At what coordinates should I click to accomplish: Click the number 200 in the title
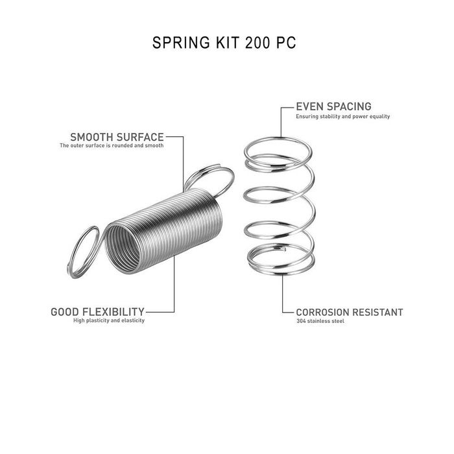(257, 43)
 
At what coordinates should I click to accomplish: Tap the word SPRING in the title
(181, 43)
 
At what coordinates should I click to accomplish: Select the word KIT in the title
(227, 43)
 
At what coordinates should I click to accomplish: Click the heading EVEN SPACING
(333, 106)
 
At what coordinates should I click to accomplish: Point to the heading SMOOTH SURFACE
(117, 137)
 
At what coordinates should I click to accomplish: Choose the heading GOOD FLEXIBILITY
(97, 312)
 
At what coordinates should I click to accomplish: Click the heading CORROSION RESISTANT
(350, 313)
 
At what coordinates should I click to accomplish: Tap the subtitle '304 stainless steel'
(320, 321)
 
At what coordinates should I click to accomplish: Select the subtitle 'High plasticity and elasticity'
(109, 320)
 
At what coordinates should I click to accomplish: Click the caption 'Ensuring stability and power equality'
(343, 116)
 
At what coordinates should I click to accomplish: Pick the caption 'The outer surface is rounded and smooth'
(112, 145)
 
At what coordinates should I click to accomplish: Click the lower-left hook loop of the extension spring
(83, 252)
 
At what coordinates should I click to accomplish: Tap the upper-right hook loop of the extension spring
(209, 181)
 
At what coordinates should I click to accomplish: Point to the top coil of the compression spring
(278, 151)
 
